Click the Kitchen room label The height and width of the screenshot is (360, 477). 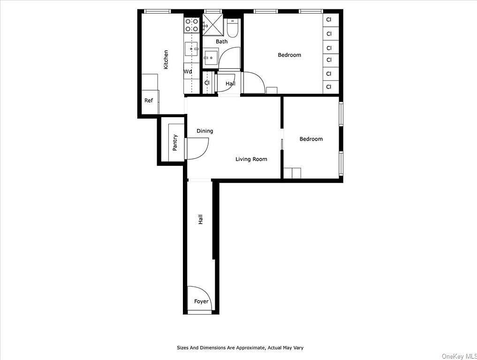pos(166,60)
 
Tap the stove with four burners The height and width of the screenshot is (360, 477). pos(191,25)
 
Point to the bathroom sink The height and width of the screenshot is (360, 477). pos(210,58)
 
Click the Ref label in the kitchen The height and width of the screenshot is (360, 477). pos(149,100)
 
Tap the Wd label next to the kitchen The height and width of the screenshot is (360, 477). pos(188,72)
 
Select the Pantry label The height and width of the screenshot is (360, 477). pos(175,142)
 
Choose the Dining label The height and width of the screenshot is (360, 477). pos(204,131)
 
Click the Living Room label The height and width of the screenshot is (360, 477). pos(251,159)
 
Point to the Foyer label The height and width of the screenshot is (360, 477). pos(201,301)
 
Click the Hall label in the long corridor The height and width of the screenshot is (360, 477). pos(201,219)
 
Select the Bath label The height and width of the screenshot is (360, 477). pos(221,42)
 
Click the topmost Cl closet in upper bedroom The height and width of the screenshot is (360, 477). pos(329,20)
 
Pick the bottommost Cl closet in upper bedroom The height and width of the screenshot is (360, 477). pos(329,87)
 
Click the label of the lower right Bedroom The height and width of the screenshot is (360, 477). pos(311,139)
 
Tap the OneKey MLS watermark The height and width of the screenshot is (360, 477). pos(459,356)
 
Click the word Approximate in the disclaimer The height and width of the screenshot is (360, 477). pos(249,348)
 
